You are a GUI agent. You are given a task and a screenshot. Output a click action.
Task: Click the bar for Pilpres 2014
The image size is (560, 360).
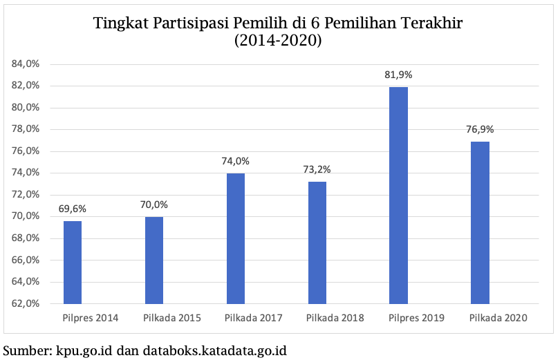click(x=73, y=262)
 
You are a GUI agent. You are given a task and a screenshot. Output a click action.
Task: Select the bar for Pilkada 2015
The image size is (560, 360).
click(x=154, y=260)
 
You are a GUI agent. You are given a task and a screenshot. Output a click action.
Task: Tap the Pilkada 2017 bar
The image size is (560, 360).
click(x=236, y=238)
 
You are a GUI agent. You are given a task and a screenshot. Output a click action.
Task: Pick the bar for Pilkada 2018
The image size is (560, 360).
click(x=317, y=243)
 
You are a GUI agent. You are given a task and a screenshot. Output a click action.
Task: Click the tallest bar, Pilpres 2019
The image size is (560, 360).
click(x=398, y=195)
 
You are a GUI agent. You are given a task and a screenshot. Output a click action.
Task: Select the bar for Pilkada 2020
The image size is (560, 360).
click(x=480, y=222)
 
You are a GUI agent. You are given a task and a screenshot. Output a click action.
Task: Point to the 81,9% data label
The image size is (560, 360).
click(x=399, y=75)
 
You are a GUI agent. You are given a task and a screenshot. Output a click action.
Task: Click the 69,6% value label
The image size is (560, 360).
click(x=73, y=208)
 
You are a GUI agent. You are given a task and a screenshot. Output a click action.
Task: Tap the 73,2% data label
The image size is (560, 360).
click(x=317, y=169)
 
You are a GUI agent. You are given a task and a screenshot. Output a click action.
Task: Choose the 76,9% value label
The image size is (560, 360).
click(x=480, y=129)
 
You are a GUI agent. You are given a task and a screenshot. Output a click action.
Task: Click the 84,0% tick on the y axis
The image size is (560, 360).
click(x=26, y=64)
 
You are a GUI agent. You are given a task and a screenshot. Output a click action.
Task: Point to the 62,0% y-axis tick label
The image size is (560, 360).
click(x=26, y=303)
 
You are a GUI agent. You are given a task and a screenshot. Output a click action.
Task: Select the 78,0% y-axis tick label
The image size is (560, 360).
click(x=26, y=129)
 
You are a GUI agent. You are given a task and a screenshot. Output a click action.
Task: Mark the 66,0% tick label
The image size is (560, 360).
click(x=26, y=260)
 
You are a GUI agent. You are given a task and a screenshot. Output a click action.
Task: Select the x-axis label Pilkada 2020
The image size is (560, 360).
click(x=498, y=318)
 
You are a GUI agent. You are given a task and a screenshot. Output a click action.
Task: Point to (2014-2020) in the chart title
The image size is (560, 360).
click(x=278, y=41)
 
